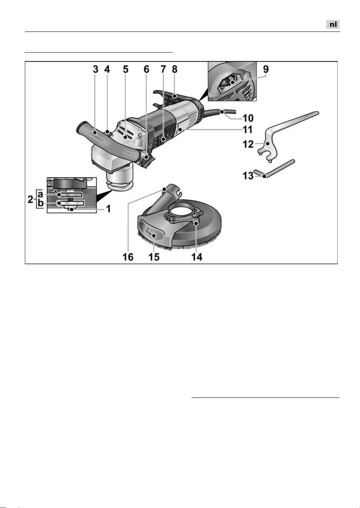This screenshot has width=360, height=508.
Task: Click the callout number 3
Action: click(96, 69)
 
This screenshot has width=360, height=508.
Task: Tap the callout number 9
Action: click(266, 69)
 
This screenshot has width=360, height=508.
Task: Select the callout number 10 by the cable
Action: click(248, 118)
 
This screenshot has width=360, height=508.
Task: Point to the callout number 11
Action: click(247, 130)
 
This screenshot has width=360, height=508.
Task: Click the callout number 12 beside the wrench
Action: click(248, 144)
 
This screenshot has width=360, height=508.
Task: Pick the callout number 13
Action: click(248, 176)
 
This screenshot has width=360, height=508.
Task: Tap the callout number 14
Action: click(197, 257)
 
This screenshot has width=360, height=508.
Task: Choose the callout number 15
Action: click(154, 257)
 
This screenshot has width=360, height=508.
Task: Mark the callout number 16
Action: click(128, 257)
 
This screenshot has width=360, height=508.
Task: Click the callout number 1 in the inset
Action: click(108, 209)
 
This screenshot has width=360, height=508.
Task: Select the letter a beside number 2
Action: click(40, 194)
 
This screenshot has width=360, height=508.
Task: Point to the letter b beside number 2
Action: click(41, 203)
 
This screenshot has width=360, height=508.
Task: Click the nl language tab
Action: click(333, 24)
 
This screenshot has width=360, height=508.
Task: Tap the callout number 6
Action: click(146, 69)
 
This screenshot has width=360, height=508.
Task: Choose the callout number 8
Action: click(174, 69)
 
